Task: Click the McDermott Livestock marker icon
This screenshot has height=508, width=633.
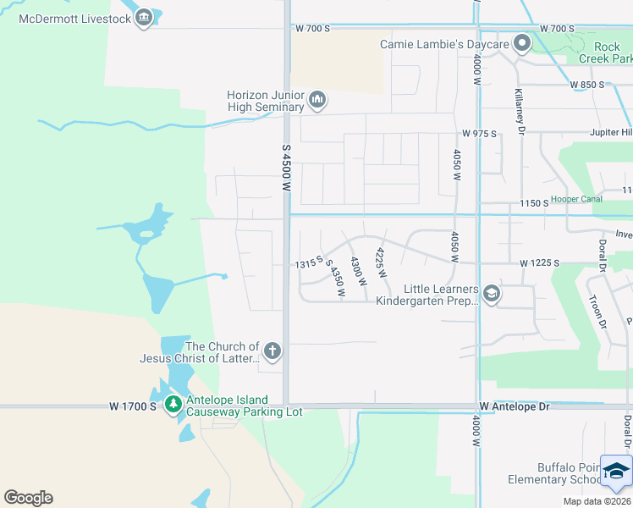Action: (144, 19)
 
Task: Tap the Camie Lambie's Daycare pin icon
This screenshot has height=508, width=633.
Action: (523, 42)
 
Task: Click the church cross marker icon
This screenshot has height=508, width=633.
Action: (272, 351)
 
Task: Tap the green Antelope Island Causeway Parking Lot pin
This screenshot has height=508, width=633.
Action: (173, 406)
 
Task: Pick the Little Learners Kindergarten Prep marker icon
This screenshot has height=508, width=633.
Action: (492, 294)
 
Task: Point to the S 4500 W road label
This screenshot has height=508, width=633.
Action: (286, 172)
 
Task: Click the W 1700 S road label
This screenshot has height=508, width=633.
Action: (133, 407)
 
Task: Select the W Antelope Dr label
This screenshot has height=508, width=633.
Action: (514, 407)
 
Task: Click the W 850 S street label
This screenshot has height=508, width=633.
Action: (586, 85)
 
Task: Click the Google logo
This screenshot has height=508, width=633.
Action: (28, 498)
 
